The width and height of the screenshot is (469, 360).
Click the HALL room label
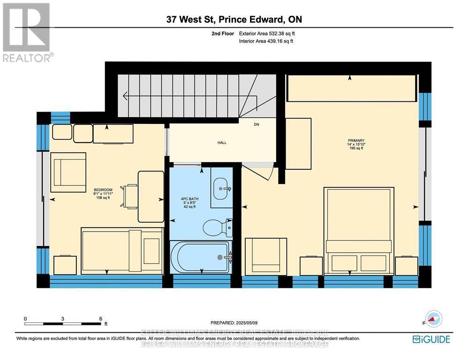[x=222, y=142]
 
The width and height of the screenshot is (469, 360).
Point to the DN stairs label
[x=257, y=124]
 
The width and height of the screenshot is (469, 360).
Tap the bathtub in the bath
[x=201, y=257]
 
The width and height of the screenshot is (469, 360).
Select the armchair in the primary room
[x=266, y=255]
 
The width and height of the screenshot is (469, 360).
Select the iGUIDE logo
[x=431, y=339]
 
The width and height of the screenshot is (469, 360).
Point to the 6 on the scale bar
[x=101, y=318]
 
